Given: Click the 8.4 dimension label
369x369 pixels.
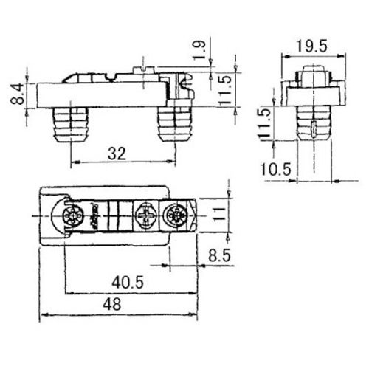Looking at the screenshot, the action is pos(17,94).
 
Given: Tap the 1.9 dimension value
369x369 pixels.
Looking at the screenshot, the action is pos(199,51).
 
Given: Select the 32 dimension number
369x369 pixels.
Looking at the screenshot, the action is pos(117,154).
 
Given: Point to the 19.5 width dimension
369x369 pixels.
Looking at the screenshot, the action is pos(311,46).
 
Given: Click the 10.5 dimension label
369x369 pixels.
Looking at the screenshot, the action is pos(275,169).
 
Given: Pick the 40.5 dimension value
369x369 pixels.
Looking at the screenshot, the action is pos(128,283).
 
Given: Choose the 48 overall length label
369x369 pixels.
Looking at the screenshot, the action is pos(112,304).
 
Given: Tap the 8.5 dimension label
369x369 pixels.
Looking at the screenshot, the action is pos(219,255).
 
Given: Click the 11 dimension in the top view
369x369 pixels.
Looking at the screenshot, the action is pos(219,215).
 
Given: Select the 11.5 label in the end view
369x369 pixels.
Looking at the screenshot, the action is pos(265,123).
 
